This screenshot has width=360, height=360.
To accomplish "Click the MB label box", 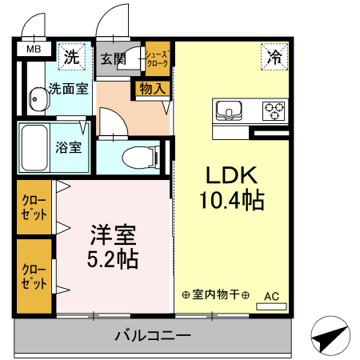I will click(34, 50).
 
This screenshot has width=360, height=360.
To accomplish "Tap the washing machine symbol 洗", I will click(72, 57).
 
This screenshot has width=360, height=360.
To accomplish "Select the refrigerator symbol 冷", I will click(274, 57).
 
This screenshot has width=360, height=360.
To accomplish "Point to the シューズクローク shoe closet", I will click(157, 58).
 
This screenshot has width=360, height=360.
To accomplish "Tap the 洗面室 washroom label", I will click(67, 89).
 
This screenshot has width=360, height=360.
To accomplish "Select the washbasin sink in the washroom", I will click(37, 99).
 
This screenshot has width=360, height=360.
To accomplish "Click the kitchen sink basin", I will click(226, 110).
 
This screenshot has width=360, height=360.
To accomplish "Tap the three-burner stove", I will click(274, 110).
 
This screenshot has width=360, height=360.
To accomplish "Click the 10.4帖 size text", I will click(231, 200).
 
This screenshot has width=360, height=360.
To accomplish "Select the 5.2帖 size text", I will click(111, 258).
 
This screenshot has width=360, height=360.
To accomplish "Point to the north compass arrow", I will click(330, 339).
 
